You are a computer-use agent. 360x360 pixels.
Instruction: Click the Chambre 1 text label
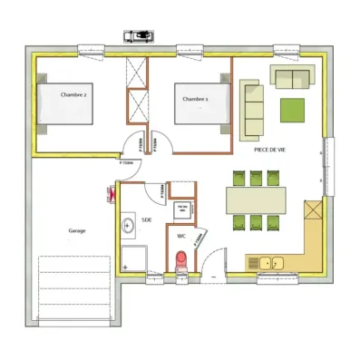click(195, 99)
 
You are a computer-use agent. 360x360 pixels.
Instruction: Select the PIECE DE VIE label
click(270, 149)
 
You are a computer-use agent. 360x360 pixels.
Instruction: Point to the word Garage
click(77, 230)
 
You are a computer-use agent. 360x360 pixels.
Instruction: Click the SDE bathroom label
click(148, 220)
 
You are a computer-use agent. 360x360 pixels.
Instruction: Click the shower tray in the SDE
click(133, 257)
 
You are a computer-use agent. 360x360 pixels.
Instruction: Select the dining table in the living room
click(257, 197)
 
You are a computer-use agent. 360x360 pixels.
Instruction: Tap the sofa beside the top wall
click(293, 77)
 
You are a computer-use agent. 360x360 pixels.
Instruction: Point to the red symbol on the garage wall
click(111, 191)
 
